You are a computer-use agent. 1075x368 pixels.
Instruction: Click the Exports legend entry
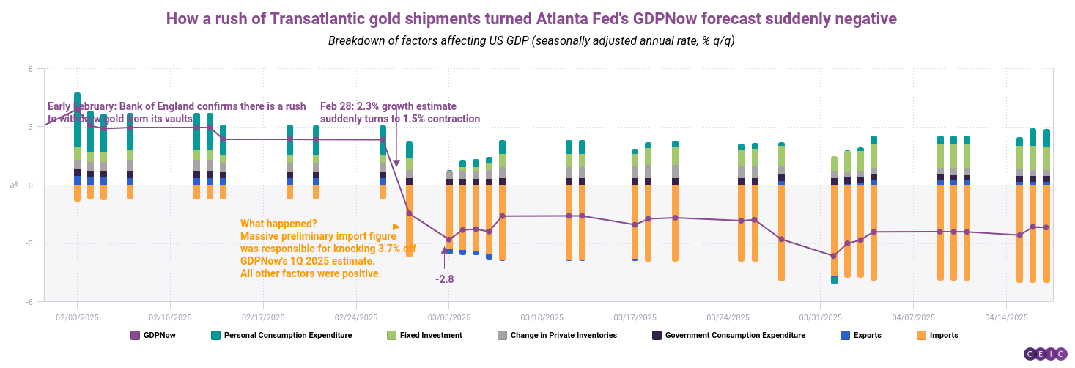tap(865, 335)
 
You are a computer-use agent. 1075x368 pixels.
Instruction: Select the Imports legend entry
tap(941, 335)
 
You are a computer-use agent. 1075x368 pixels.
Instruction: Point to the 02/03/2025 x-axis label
tap(77, 317)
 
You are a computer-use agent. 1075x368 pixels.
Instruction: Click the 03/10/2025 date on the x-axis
tap(542, 317)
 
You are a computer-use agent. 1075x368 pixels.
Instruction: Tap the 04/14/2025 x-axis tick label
tap(1006, 317)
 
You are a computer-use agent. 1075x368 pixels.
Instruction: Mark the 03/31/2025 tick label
tap(820, 317)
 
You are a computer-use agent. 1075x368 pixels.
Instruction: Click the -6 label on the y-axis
tap(30, 301)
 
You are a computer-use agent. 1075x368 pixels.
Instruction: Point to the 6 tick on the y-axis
tap(31, 69)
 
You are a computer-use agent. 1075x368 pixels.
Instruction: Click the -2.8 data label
tap(445, 279)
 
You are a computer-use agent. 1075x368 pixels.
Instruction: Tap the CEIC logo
tap(1044, 353)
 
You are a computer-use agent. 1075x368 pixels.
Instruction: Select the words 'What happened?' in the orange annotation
tap(278, 224)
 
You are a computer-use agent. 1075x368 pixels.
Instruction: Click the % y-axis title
tap(14, 185)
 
